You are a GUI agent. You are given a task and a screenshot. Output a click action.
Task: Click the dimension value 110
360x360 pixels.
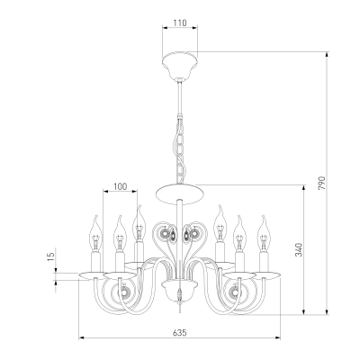[180, 22]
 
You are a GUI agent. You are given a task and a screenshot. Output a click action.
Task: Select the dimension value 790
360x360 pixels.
[321, 183]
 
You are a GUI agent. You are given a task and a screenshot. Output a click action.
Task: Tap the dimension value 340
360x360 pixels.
[299, 249]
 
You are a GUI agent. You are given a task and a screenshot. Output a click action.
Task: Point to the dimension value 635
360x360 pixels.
[180, 332]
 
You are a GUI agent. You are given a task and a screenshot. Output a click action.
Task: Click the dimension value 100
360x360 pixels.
[121, 186]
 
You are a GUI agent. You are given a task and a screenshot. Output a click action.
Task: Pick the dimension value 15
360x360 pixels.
[51, 256]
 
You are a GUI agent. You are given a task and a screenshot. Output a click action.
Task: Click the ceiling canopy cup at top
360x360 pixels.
[180, 66]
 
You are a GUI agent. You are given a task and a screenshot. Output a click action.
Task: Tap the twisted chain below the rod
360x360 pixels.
[180, 150]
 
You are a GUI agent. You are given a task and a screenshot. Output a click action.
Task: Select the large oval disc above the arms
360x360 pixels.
[180, 194]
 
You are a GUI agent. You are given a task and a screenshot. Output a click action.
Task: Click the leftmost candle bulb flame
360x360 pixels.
[96, 233]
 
